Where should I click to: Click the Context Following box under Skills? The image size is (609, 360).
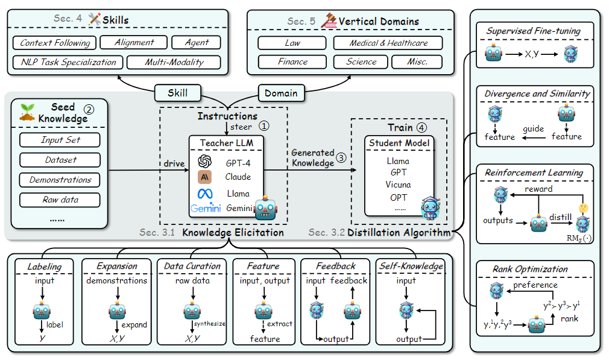click(55, 42)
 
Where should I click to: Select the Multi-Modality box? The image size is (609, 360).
click(174, 62)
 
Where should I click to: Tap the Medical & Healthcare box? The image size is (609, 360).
click(388, 43)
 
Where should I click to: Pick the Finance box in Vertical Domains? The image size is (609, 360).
click(292, 62)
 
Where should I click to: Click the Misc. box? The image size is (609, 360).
click(417, 62)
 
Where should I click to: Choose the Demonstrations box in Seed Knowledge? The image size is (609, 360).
click(60, 180)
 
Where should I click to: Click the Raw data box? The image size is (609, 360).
click(60, 200)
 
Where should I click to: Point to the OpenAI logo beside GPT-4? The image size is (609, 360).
click(204, 161)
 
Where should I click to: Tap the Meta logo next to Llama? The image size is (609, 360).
click(205, 194)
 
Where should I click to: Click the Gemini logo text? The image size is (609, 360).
click(206, 208)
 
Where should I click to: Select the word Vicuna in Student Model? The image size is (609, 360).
click(398, 185)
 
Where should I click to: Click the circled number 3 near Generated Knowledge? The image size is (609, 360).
click(341, 157)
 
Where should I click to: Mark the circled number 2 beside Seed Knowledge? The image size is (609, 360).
click(89, 110)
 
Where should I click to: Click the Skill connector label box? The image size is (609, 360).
click(177, 93)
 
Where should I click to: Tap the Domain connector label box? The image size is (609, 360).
click(281, 93)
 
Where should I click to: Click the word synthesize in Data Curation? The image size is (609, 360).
click(210, 323)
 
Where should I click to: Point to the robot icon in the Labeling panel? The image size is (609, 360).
click(42, 311)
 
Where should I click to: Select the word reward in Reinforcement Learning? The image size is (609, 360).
click(538, 189)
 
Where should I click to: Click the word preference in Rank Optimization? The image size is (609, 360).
click(535, 285)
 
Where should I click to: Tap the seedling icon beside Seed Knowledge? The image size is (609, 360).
click(27, 112)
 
